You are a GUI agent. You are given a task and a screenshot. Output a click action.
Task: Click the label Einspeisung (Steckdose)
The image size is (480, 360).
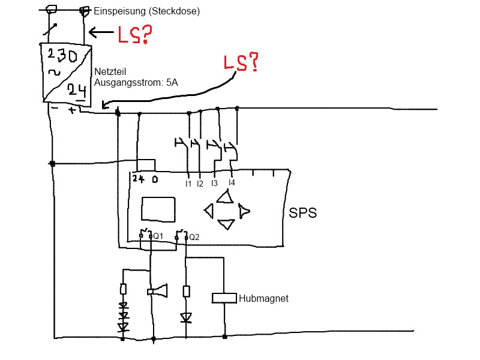coord(147,11)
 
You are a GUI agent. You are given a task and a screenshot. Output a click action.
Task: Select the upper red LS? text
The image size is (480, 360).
coord(133,35)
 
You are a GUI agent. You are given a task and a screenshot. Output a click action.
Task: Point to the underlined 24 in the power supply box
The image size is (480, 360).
coord(77,91)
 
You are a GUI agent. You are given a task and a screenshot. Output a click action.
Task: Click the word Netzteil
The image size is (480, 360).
coord(110,71)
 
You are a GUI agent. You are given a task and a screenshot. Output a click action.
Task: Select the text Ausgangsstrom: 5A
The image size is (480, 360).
coord(136,82)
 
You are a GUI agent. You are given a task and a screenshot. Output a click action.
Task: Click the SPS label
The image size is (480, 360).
coord(303,213)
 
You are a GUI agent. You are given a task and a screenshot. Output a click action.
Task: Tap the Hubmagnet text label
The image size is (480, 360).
coord(263,298)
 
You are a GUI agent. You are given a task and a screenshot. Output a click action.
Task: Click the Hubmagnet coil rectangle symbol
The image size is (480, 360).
coord(224,298)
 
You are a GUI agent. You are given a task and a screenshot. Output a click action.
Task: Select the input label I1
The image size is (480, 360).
coord(188,184)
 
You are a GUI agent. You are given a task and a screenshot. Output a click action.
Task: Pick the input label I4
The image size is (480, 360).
coord(232,182)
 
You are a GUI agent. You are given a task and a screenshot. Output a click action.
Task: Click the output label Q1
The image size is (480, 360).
coord(158,236)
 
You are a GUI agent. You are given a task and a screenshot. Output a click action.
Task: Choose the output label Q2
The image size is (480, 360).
coord(194,237)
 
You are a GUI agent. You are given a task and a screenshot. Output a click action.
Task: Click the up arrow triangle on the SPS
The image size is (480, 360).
coord(226,197)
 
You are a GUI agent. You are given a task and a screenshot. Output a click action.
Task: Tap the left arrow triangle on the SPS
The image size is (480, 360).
coord(209,211)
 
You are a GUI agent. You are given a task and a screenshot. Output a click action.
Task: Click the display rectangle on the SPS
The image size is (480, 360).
coord(158,209)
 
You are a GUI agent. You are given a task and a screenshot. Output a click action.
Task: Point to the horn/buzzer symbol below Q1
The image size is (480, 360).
coord(157,292)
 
